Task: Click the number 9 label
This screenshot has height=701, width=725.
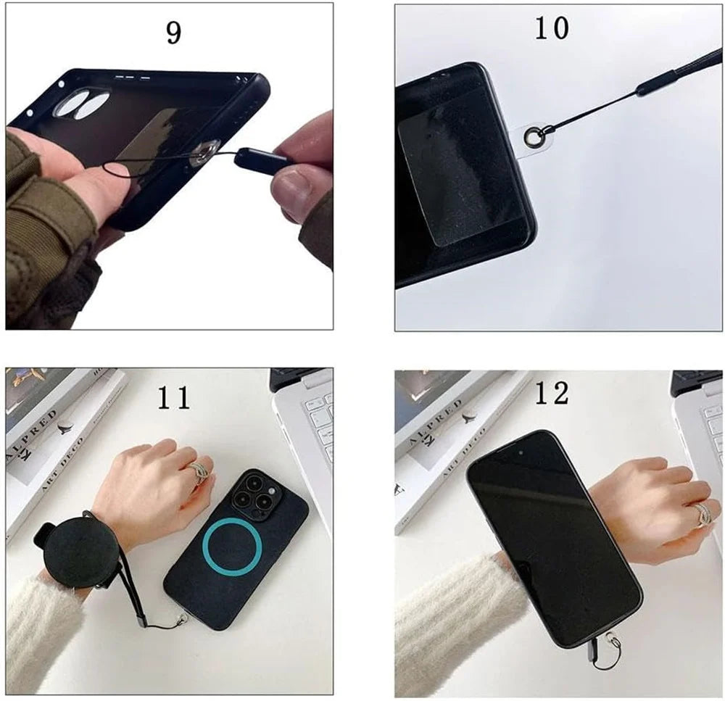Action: coord(173,33)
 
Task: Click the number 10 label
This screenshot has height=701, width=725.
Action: coord(552,28)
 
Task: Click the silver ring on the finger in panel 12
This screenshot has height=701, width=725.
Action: coord(703,515)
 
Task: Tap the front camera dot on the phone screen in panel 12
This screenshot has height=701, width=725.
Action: coord(521,450)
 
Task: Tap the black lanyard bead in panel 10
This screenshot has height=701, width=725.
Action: coord(651,86)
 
